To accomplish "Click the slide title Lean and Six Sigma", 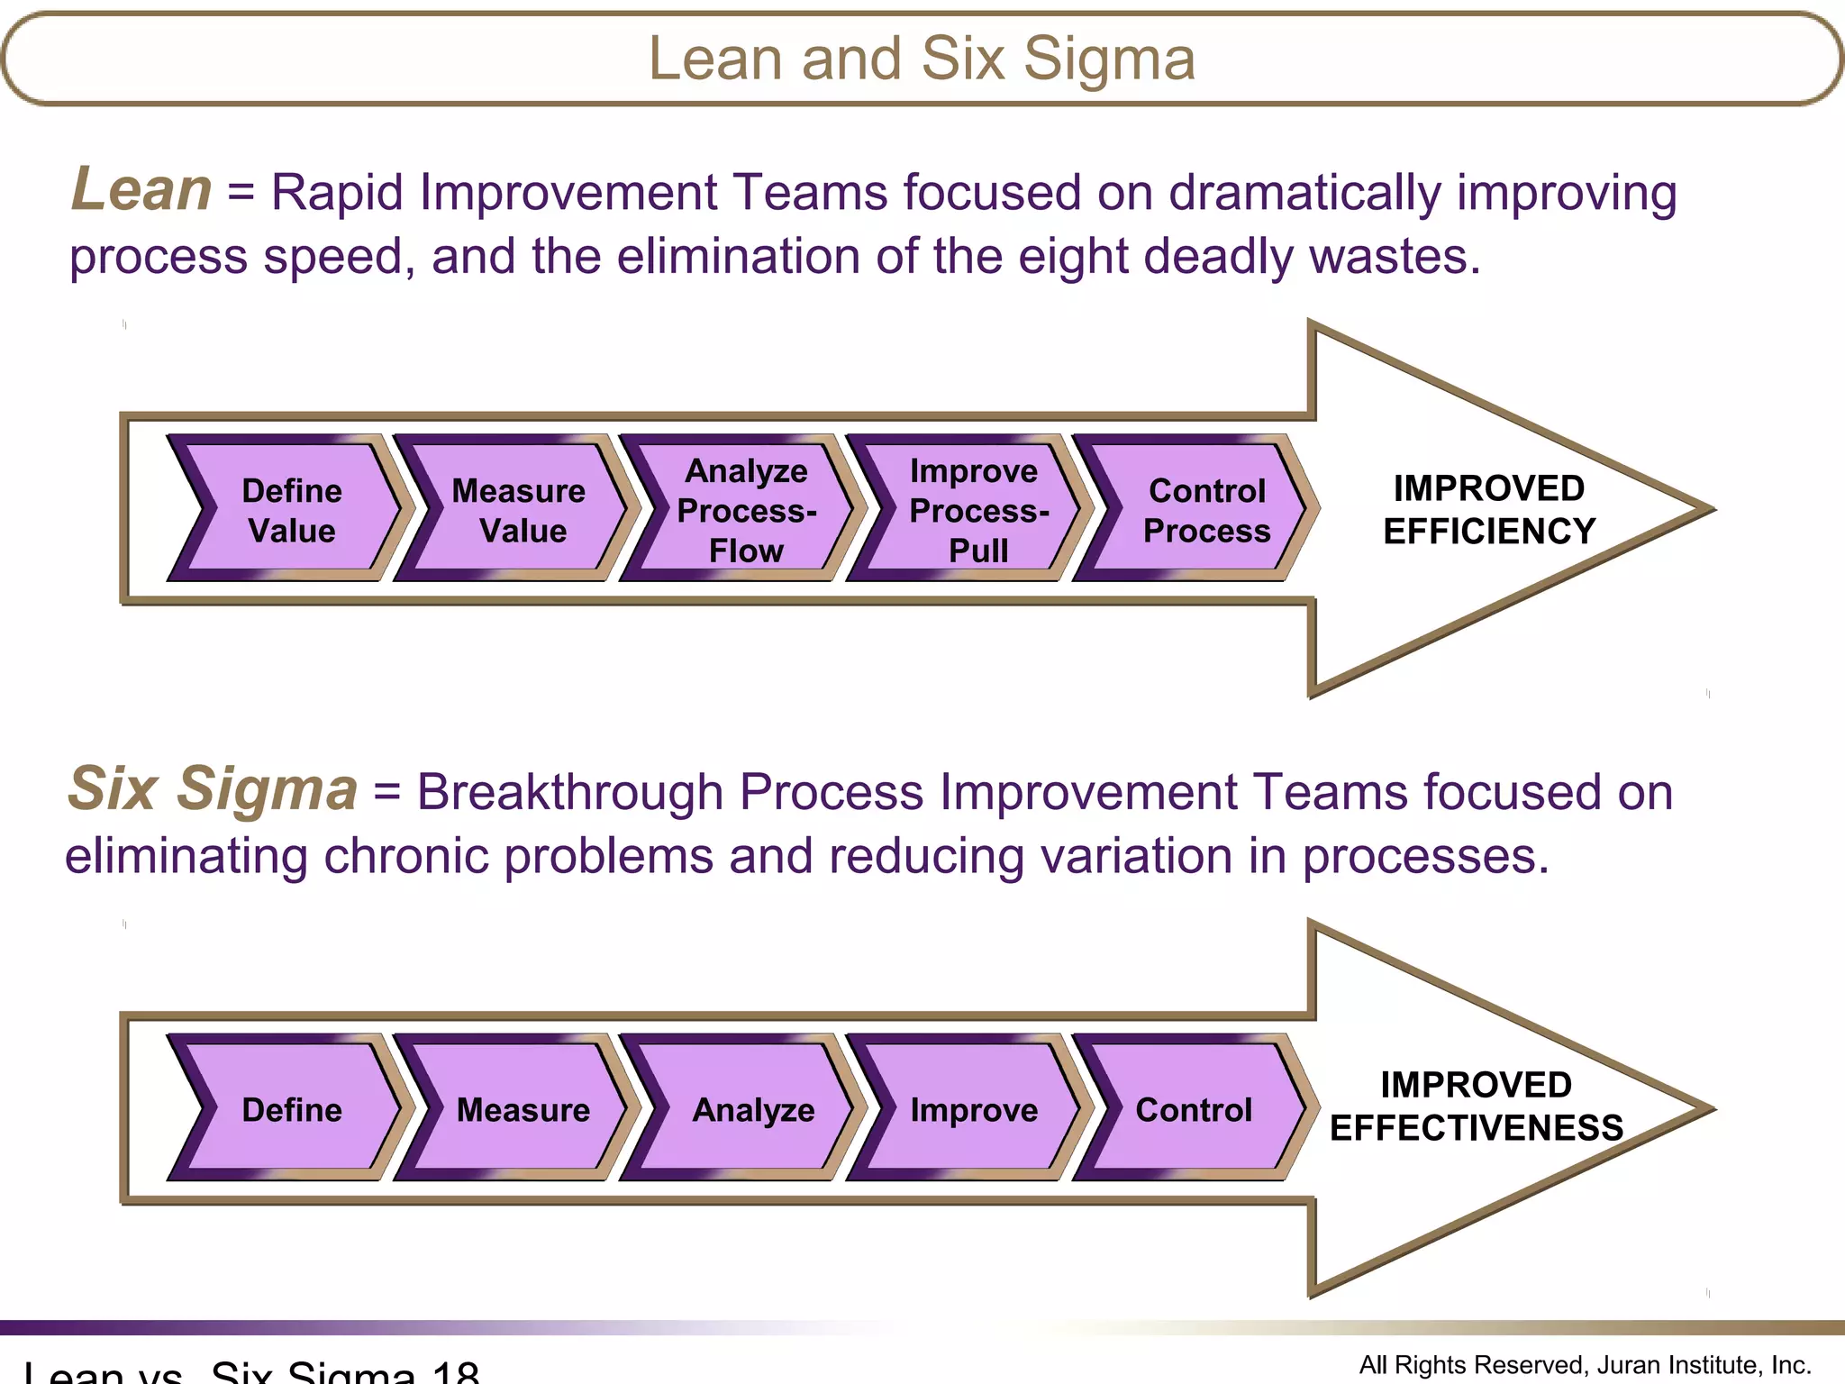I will [922, 59].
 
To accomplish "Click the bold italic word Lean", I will [141, 190].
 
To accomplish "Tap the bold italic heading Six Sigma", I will [213, 789].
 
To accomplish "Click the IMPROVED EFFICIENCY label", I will [1489, 510].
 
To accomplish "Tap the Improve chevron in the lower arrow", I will [974, 1109].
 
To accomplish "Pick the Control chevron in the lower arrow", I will [1194, 1109].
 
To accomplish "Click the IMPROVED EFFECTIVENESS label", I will [1477, 1106].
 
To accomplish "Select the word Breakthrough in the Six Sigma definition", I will [569, 793].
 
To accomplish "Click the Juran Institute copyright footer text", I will [1585, 1365].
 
